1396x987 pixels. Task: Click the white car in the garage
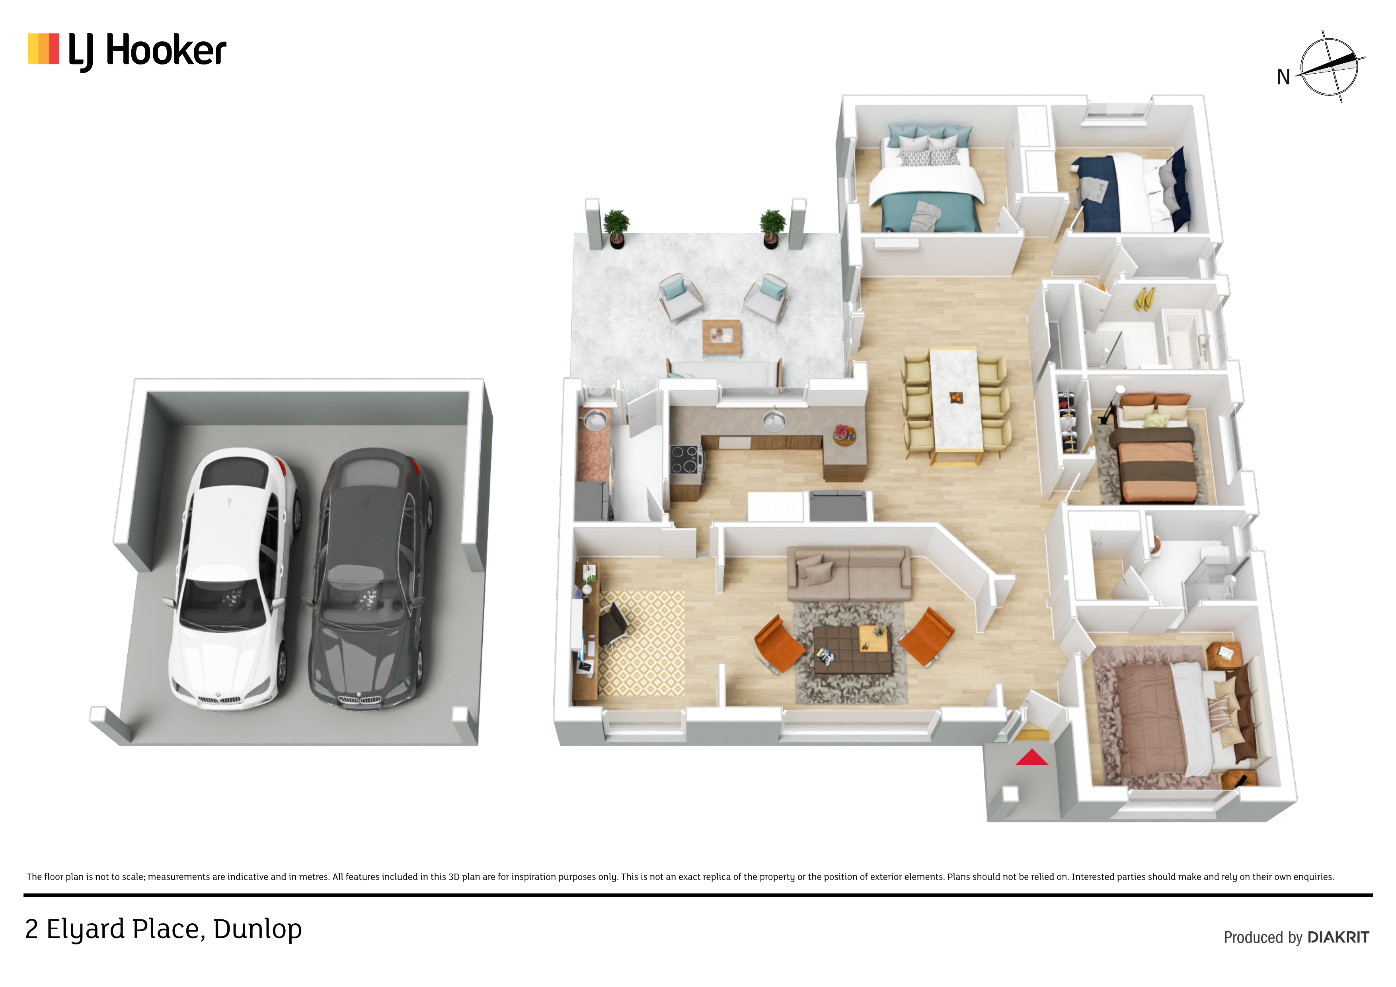click(x=232, y=578)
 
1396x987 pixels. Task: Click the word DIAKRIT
click(x=1338, y=937)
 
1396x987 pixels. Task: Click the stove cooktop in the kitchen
click(x=686, y=459)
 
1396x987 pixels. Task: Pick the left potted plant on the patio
click(x=616, y=228)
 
